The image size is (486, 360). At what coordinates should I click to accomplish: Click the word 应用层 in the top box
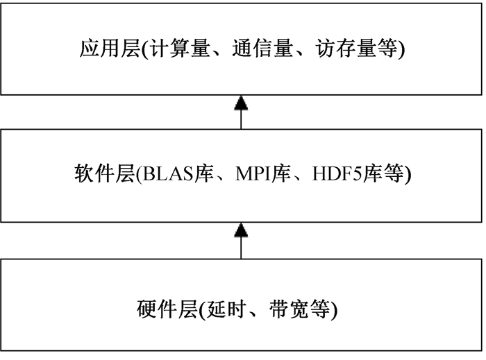(110, 49)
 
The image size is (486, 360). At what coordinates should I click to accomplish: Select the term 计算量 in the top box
(180, 49)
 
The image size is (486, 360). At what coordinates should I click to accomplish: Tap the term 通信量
(262, 49)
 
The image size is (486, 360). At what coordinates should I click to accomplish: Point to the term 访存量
(346, 49)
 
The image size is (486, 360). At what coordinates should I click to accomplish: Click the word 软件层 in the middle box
(104, 173)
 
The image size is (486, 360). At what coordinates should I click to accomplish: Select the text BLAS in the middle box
(168, 173)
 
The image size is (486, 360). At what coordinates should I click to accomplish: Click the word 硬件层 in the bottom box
(167, 309)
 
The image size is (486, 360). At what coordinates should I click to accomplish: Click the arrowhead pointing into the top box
(241, 103)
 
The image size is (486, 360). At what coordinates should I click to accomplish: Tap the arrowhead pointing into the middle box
(241, 230)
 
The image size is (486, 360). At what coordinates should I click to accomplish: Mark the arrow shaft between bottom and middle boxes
(241, 248)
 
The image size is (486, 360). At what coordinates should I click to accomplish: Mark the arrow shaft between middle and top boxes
(241, 119)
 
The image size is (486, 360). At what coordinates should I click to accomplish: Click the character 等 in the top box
(387, 49)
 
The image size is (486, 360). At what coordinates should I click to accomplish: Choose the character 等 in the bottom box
(319, 309)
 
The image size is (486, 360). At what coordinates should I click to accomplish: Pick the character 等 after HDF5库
(393, 173)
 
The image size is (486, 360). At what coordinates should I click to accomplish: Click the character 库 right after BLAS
(204, 173)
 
